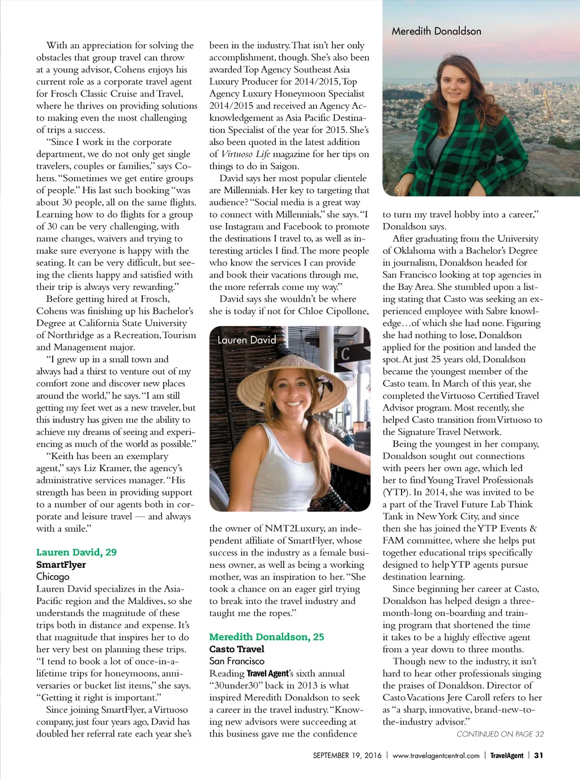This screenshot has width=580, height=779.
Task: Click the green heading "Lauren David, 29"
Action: click(x=76, y=552)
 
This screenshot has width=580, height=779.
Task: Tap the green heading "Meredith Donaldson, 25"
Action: click(x=267, y=637)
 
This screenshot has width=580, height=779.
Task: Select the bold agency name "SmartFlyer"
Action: click(x=61, y=564)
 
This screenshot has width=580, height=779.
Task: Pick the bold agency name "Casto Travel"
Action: click(x=237, y=649)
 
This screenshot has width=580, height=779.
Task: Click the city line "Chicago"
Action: click(x=53, y=576)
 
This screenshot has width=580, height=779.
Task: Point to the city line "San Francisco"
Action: click(x=237, y=661)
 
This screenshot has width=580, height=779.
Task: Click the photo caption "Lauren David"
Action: click(x=246, y=340)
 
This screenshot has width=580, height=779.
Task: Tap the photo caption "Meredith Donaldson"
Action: click(x=436, y=31)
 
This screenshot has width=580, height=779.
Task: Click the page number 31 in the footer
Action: click(x=539, y=755)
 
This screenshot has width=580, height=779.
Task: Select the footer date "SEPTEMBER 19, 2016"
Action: click(x=347, y=755)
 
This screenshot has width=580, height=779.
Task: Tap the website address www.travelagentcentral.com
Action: click(x=436, y=755)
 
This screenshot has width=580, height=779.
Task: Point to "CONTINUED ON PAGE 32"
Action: click(x=500, y=734)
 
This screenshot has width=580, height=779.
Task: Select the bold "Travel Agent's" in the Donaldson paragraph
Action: click(x=268, y=673)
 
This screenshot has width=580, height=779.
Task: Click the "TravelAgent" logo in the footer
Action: click(x=506, y=755)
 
